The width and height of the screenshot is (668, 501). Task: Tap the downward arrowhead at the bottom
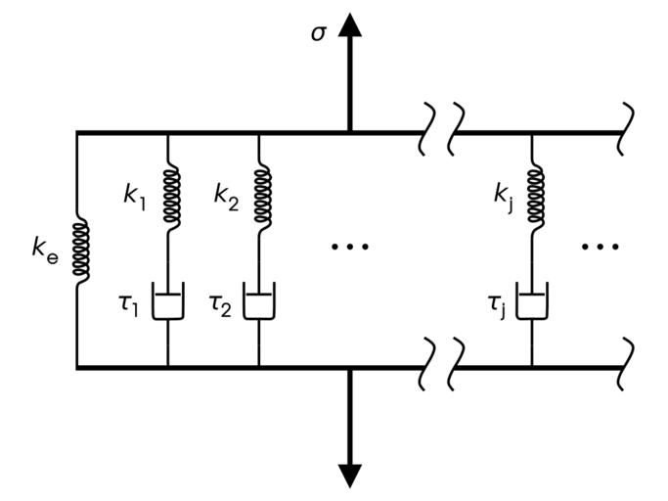tap(349, 473)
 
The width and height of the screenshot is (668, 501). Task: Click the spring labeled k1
tap(168, 197)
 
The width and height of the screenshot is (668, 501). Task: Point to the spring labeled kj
tap(533, 197)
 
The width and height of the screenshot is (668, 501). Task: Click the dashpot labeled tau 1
tap(168, 303)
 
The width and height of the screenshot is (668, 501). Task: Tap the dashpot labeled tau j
tap(533, 303)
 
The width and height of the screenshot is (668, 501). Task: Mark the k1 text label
tap(135, 194)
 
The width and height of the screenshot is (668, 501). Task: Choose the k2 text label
tap(226, 194)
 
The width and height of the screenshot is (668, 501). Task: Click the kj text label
tap(503, 195)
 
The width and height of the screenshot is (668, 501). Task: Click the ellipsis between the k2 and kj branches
tap(349, 247)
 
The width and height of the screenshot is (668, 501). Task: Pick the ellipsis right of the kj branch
tap(601, 247)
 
